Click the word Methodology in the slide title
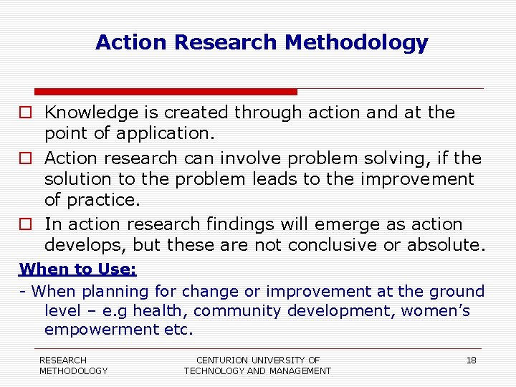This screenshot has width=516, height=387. pos(356,43)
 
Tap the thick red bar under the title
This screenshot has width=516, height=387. pos(166,92)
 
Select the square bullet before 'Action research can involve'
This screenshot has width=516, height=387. pos(25,158)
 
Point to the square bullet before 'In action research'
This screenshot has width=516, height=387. pos(25,225)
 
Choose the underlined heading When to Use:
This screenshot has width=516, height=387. pos(78,269)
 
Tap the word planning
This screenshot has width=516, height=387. pos(114,292)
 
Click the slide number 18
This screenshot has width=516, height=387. pos(471,360)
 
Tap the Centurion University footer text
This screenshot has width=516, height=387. pos(257,365)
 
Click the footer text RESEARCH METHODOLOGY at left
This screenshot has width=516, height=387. pos(73,365)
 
